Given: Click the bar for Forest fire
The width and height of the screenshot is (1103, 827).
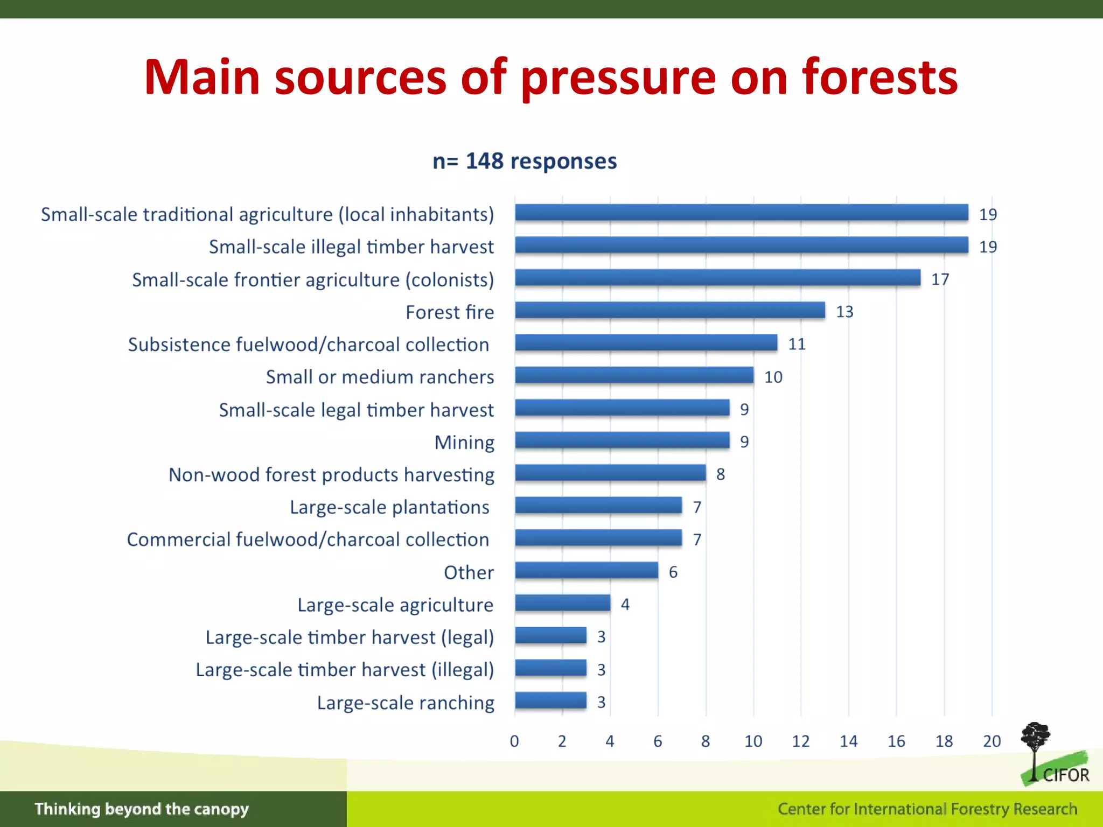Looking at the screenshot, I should pyautogui.click(x=669, y=310).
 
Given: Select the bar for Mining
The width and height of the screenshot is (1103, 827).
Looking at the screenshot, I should pyautogui.click(x=622, y=440).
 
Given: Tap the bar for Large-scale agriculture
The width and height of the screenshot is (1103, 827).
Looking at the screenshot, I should pyautogui.click(x=562, y=603).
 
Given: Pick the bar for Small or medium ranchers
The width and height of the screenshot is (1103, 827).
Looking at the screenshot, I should pyautogui.click(x=634, y=375).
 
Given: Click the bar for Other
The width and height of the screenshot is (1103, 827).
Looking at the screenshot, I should pyautogui.click(x=586, y=571).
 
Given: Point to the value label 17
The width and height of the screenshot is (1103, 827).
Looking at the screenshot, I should pyautogui.click(x=940, y=279).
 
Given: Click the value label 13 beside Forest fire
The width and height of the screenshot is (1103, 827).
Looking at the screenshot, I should pyautogui.click(x=844, y=312).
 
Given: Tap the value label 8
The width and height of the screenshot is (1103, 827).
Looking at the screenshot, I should pyautogui.click(x=721, y=474).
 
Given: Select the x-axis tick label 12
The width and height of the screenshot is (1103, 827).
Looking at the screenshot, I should pyautogui.click(x=801, y=741).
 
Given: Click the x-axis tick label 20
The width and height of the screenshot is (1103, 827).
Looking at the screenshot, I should pyautogui.click(x=992, y=741).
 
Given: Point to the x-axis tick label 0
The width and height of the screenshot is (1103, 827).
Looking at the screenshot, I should pyautogui.click(x=514, y=741).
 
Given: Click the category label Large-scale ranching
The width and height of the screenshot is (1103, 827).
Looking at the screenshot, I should pyautogui.click(x=405, y=703).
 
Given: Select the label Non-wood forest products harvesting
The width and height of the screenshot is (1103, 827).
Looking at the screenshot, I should pyautogui.click(x=331, y=475).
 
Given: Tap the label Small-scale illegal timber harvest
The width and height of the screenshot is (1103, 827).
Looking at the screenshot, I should pyautogui.click(x=351, y=247).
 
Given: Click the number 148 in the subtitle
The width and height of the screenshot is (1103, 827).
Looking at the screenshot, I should pyautogui.click(x=484, y=161).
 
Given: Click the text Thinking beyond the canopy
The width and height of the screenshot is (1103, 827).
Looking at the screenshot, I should pyautogui.click(x=142, y=809).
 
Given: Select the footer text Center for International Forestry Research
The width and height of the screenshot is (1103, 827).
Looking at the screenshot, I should pyautogui.click(x=927, y=809).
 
